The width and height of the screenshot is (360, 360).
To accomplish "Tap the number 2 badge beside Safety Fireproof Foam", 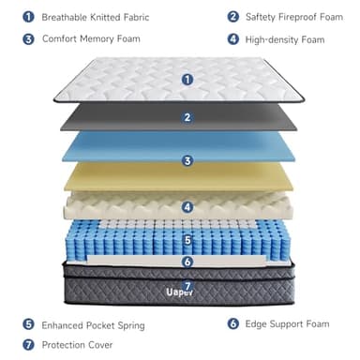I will [232, 17].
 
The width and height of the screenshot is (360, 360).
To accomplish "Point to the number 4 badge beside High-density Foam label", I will [232, 39].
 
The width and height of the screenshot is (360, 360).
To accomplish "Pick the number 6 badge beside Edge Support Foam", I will [232, 324].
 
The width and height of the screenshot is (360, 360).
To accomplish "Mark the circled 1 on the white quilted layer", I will [187, 79].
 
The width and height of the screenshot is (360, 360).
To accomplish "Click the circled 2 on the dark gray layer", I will [187, 117].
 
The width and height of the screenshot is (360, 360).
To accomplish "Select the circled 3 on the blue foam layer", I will [187, 161].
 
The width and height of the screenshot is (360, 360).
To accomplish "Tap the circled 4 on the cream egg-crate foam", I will [187, 207].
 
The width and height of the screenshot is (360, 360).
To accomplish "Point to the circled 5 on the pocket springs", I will [187, 241].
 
